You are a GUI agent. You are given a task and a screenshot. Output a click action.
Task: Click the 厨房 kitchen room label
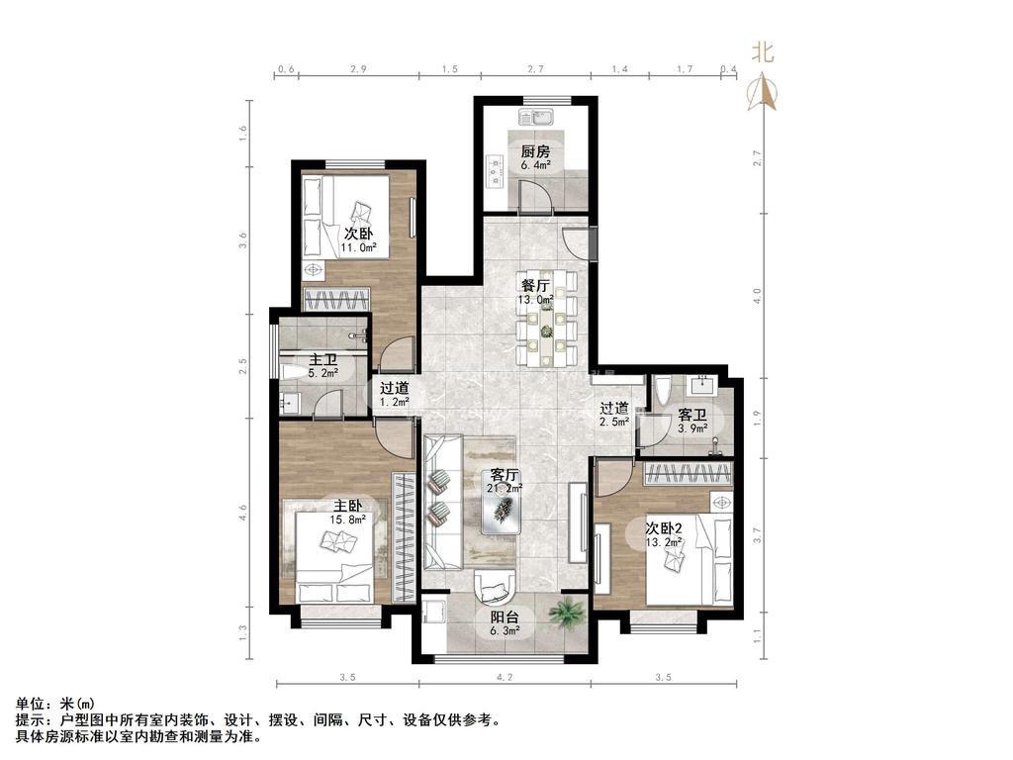[x=535, y=151]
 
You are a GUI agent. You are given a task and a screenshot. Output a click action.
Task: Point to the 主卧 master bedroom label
[x=347, y=506]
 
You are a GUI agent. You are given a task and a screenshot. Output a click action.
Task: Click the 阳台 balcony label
[x=505, y=617]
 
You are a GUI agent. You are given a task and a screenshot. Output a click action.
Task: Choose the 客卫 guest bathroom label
[x=691, y=415]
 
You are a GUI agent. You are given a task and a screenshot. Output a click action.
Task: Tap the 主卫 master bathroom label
[x=322, y=359]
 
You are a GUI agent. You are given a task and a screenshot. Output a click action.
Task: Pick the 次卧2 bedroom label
[x=665, y=528]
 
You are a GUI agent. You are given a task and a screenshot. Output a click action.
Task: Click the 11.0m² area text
[x=359, y=246]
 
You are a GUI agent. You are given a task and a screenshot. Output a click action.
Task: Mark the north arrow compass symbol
[x=763, y=92]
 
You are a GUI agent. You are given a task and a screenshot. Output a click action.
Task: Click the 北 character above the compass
[x=763, y=52]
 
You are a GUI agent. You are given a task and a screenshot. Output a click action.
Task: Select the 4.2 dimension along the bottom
[x=505, y=677]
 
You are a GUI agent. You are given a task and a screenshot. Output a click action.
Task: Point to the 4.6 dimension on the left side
[x=243, y=514]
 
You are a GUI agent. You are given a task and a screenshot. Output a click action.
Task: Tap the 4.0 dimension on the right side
[x=758, y=296]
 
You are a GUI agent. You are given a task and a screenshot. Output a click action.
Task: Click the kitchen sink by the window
[x=535, y=117]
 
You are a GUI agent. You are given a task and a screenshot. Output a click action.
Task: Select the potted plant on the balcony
[x=566, y=612]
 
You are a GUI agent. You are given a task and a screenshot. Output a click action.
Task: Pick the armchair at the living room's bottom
[x=495, y=589]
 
